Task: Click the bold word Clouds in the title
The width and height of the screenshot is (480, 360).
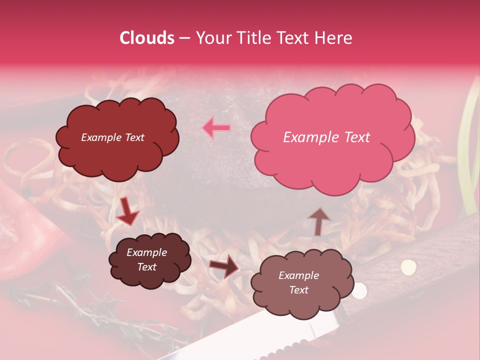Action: (147, 38)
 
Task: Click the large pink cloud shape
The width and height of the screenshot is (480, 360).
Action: (332, 150)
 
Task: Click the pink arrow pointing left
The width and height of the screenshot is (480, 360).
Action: (216, 127)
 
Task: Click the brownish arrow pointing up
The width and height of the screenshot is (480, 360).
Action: (318, 221)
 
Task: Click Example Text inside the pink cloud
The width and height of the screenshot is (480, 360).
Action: (326, 137)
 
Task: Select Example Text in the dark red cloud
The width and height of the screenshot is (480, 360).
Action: (112, 137)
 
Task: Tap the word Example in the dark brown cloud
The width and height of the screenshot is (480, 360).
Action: (147, 252)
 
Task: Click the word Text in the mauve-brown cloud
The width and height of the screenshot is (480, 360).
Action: (299, 290)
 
